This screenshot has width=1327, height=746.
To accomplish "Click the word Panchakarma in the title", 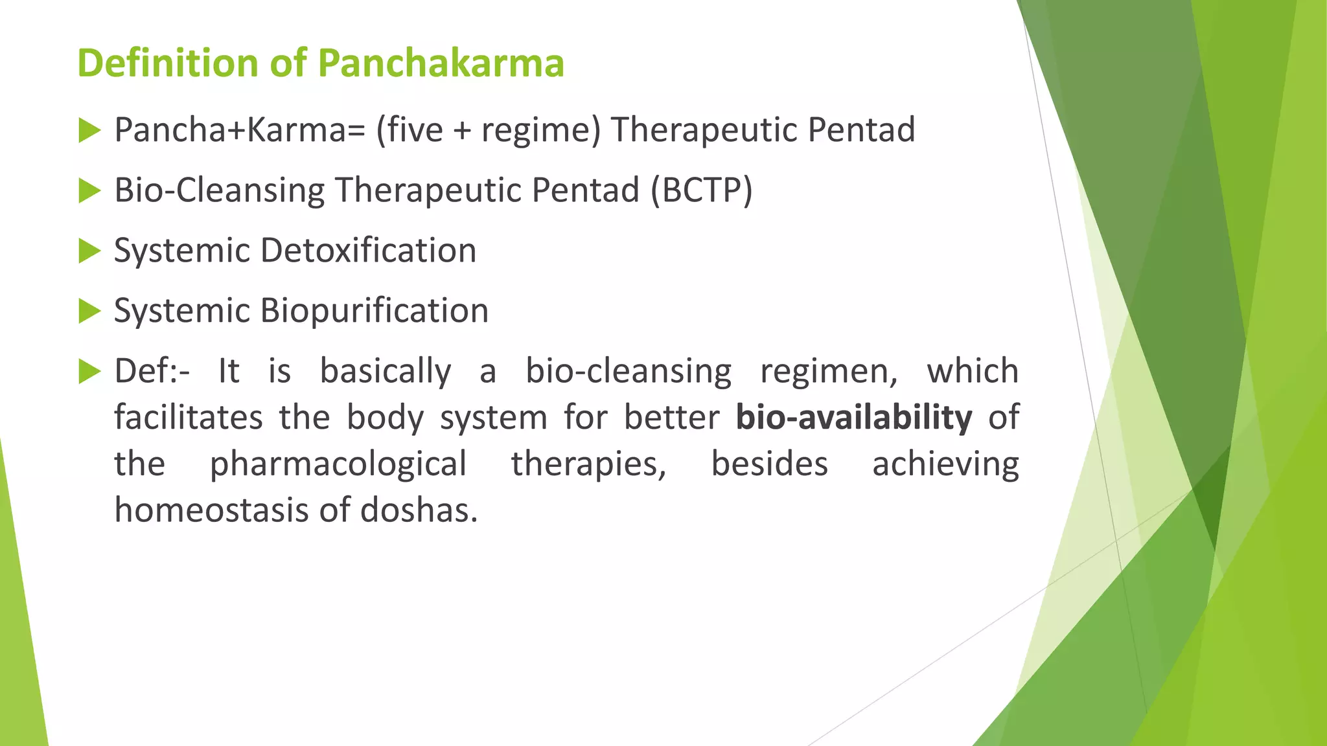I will [441, 63].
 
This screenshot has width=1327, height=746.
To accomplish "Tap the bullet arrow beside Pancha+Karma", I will [89, 131].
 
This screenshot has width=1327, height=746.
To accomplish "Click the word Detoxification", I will [368, 251].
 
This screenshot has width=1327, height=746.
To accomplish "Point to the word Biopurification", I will [374, 311].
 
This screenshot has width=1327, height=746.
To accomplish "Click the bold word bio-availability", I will [853, 418].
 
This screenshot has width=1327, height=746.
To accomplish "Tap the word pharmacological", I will [338, 464].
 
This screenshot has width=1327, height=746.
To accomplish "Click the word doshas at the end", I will [419, 510].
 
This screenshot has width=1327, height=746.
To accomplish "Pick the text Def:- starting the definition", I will [152, 372].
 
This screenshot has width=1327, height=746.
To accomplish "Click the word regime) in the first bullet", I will [541, 131].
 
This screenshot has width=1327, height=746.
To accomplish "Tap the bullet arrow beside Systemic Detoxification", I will [89, 251].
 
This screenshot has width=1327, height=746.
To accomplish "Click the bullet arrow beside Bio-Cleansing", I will [89, 191].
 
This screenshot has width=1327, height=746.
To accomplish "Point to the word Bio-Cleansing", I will [220, 191].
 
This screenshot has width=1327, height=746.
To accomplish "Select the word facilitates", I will [188, 418].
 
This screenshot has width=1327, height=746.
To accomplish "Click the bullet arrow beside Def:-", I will [89, 372].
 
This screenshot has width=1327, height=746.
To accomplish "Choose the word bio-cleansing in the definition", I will [628, 372].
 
